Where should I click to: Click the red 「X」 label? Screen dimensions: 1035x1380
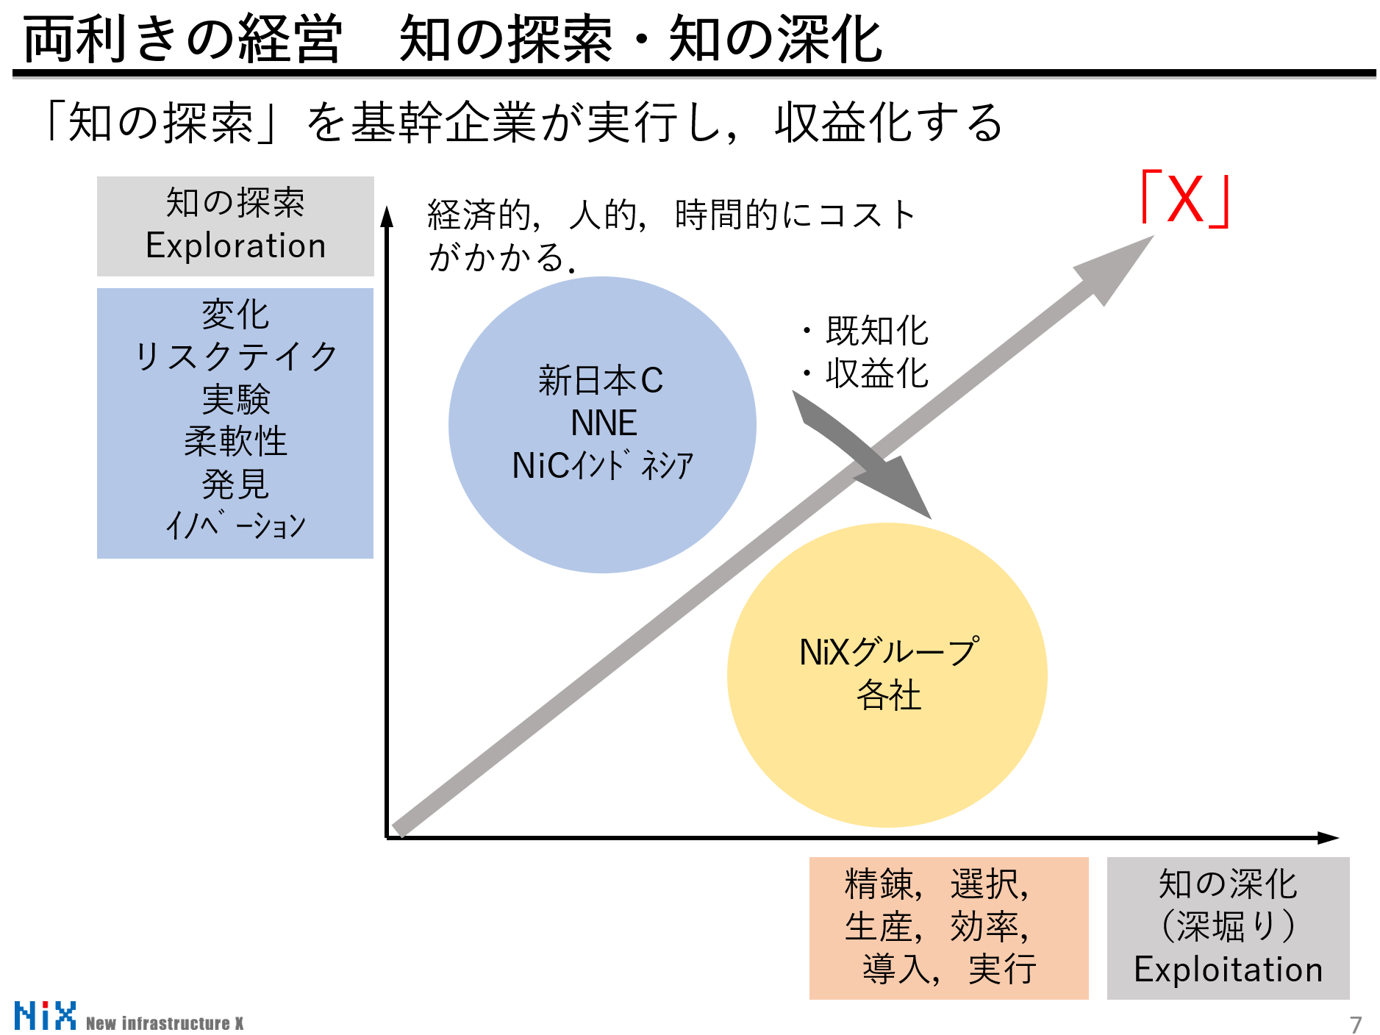[1184, 198]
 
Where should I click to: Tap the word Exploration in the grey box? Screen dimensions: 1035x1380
[235, 246]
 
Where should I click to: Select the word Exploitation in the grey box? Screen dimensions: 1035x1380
[1228, 970]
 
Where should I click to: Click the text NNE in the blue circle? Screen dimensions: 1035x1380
[603, 423]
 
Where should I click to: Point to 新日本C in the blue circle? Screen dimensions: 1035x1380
[601, 381]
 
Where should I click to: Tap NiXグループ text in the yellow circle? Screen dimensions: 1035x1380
[888, 652]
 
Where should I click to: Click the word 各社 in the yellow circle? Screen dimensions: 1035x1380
[888, 695]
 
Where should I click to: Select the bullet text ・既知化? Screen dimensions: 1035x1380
[865, 331]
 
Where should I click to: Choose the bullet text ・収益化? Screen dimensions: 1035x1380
[865, 373]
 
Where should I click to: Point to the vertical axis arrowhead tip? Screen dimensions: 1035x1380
[387, 209]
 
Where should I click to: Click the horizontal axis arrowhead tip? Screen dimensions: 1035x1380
[1337, 837]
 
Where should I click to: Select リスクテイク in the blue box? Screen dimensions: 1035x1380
[235, 357]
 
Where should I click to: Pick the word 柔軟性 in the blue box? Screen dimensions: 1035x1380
[235, 442]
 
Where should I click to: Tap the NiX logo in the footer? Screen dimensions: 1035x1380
[45, 1016]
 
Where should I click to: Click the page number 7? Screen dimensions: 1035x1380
[1355, 1024]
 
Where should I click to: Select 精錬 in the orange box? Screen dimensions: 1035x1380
[879, 884]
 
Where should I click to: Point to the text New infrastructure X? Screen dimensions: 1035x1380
[165, 1023]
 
